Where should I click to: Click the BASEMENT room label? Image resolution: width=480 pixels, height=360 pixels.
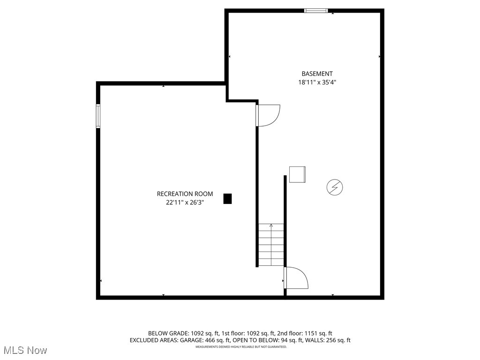[x=317, y=74]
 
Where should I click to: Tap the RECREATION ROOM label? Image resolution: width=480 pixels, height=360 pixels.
[x=185, y=194]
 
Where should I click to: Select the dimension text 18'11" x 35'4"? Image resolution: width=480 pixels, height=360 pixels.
[x=317, y=82]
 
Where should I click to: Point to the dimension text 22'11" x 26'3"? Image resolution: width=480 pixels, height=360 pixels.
[x=185, y=202]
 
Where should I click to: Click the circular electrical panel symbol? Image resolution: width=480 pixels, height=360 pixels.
[x=335, y=187]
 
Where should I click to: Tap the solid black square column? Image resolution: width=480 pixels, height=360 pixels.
[x=227, y=199]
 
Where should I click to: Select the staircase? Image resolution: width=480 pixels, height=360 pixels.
[x=271, y=245]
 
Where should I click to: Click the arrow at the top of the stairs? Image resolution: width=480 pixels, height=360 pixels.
[x=271, y=226]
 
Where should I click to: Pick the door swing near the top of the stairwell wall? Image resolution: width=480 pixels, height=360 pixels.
[x=268, y=115]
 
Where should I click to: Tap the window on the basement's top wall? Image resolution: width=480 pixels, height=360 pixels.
[x=316, y=10]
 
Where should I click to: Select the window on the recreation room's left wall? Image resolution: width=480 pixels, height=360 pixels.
[x=98, y=116]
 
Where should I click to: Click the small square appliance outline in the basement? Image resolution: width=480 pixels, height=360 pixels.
[x=297, y=174]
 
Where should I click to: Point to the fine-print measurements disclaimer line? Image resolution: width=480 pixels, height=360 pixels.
[x=241, y=347]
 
